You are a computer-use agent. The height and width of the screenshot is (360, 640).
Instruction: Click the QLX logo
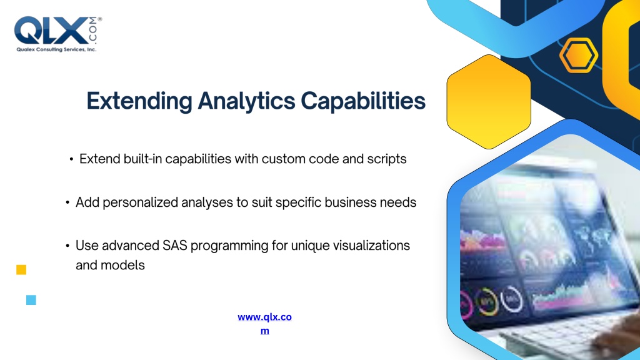(58, 34)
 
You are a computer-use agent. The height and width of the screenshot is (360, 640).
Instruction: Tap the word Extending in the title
(139, 101)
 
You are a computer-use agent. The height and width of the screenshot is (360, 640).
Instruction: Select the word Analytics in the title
(246, 101)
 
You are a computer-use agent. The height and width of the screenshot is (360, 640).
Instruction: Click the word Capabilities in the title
(363, 101)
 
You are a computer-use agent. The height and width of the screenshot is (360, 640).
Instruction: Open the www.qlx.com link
(264, 324)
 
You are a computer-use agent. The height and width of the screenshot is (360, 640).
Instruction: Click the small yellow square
(21, 270)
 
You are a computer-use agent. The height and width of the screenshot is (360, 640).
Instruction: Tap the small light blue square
(31, 300)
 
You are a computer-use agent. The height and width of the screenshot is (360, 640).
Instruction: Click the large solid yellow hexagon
(489, 102)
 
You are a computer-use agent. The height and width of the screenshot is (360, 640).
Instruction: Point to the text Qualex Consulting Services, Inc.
(56, 49)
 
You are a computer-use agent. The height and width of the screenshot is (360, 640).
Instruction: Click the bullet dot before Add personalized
(67, 202)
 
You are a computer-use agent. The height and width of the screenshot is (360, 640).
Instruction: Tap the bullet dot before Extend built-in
(71, 159)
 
